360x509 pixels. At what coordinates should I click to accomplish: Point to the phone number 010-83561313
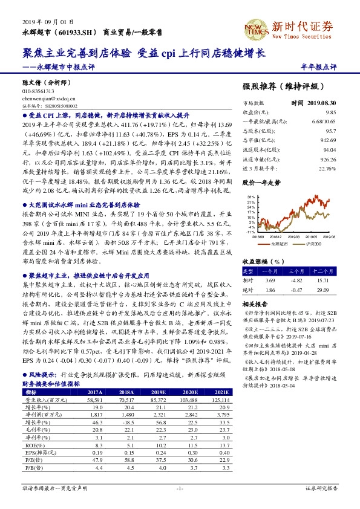tap(38, 91)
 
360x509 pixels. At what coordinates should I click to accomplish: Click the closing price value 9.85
tap(330, 112)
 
